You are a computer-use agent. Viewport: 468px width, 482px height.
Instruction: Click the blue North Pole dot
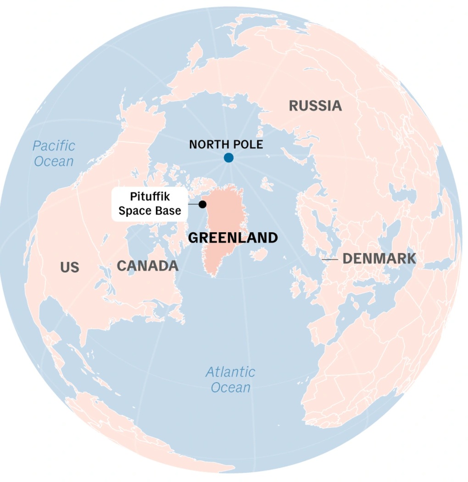(228, 158)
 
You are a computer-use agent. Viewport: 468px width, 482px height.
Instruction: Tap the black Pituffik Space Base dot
(203, 205)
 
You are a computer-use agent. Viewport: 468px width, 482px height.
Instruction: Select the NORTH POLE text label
(226, 144)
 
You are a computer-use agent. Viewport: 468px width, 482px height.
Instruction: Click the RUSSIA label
(315, 106)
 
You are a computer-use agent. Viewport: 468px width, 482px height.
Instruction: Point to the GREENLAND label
(233, 238)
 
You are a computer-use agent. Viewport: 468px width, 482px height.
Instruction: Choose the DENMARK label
(379, 258)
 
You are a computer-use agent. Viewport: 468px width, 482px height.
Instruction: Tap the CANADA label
(147, 266)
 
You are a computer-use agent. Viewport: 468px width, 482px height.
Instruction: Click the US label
(69, 267)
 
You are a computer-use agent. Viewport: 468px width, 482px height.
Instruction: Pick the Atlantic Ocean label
(230, 379)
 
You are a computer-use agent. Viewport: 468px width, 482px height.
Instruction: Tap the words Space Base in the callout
(150, 211)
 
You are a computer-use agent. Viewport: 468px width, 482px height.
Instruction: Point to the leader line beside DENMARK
(329, 260)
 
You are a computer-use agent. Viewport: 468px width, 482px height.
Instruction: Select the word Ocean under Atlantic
(230, 387)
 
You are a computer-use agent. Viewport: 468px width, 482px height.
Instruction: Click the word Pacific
(54, 146)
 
